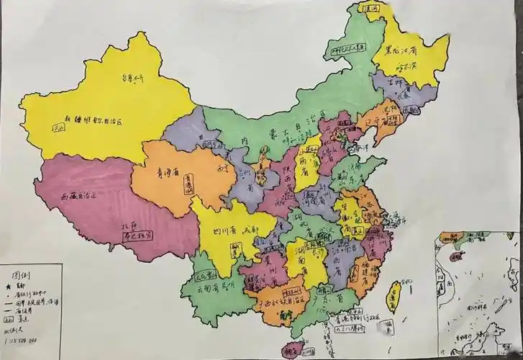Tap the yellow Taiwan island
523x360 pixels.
394,296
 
